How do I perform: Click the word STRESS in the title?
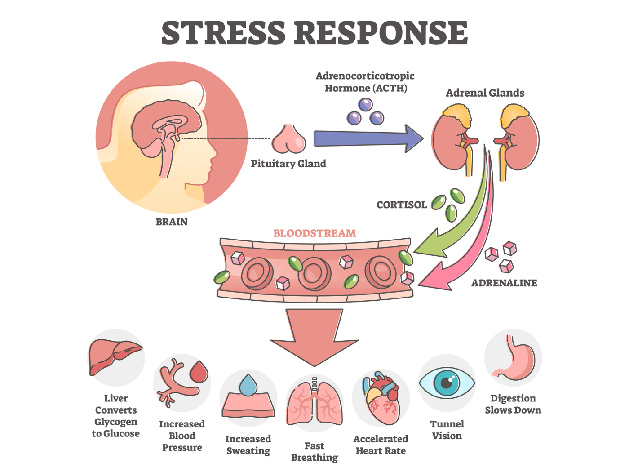223,33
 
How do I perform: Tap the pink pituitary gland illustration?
289,140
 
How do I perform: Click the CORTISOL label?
401,205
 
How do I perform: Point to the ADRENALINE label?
504,283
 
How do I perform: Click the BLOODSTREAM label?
314,233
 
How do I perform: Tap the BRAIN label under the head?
172,222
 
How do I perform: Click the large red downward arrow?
314,337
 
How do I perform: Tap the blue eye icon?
447,383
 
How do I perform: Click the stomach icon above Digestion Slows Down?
515,360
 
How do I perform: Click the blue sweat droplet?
248,385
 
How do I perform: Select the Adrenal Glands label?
485,93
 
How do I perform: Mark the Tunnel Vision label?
447,430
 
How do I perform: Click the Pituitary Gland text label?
288,164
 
